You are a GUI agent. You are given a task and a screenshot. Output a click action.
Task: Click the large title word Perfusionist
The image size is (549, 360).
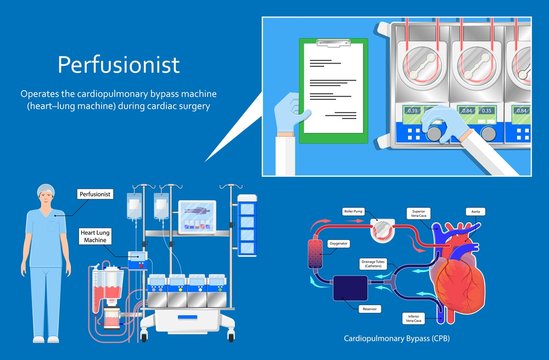tap(118, 65)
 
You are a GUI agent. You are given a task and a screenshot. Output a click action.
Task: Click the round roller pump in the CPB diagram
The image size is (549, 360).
tap(379, 229)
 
